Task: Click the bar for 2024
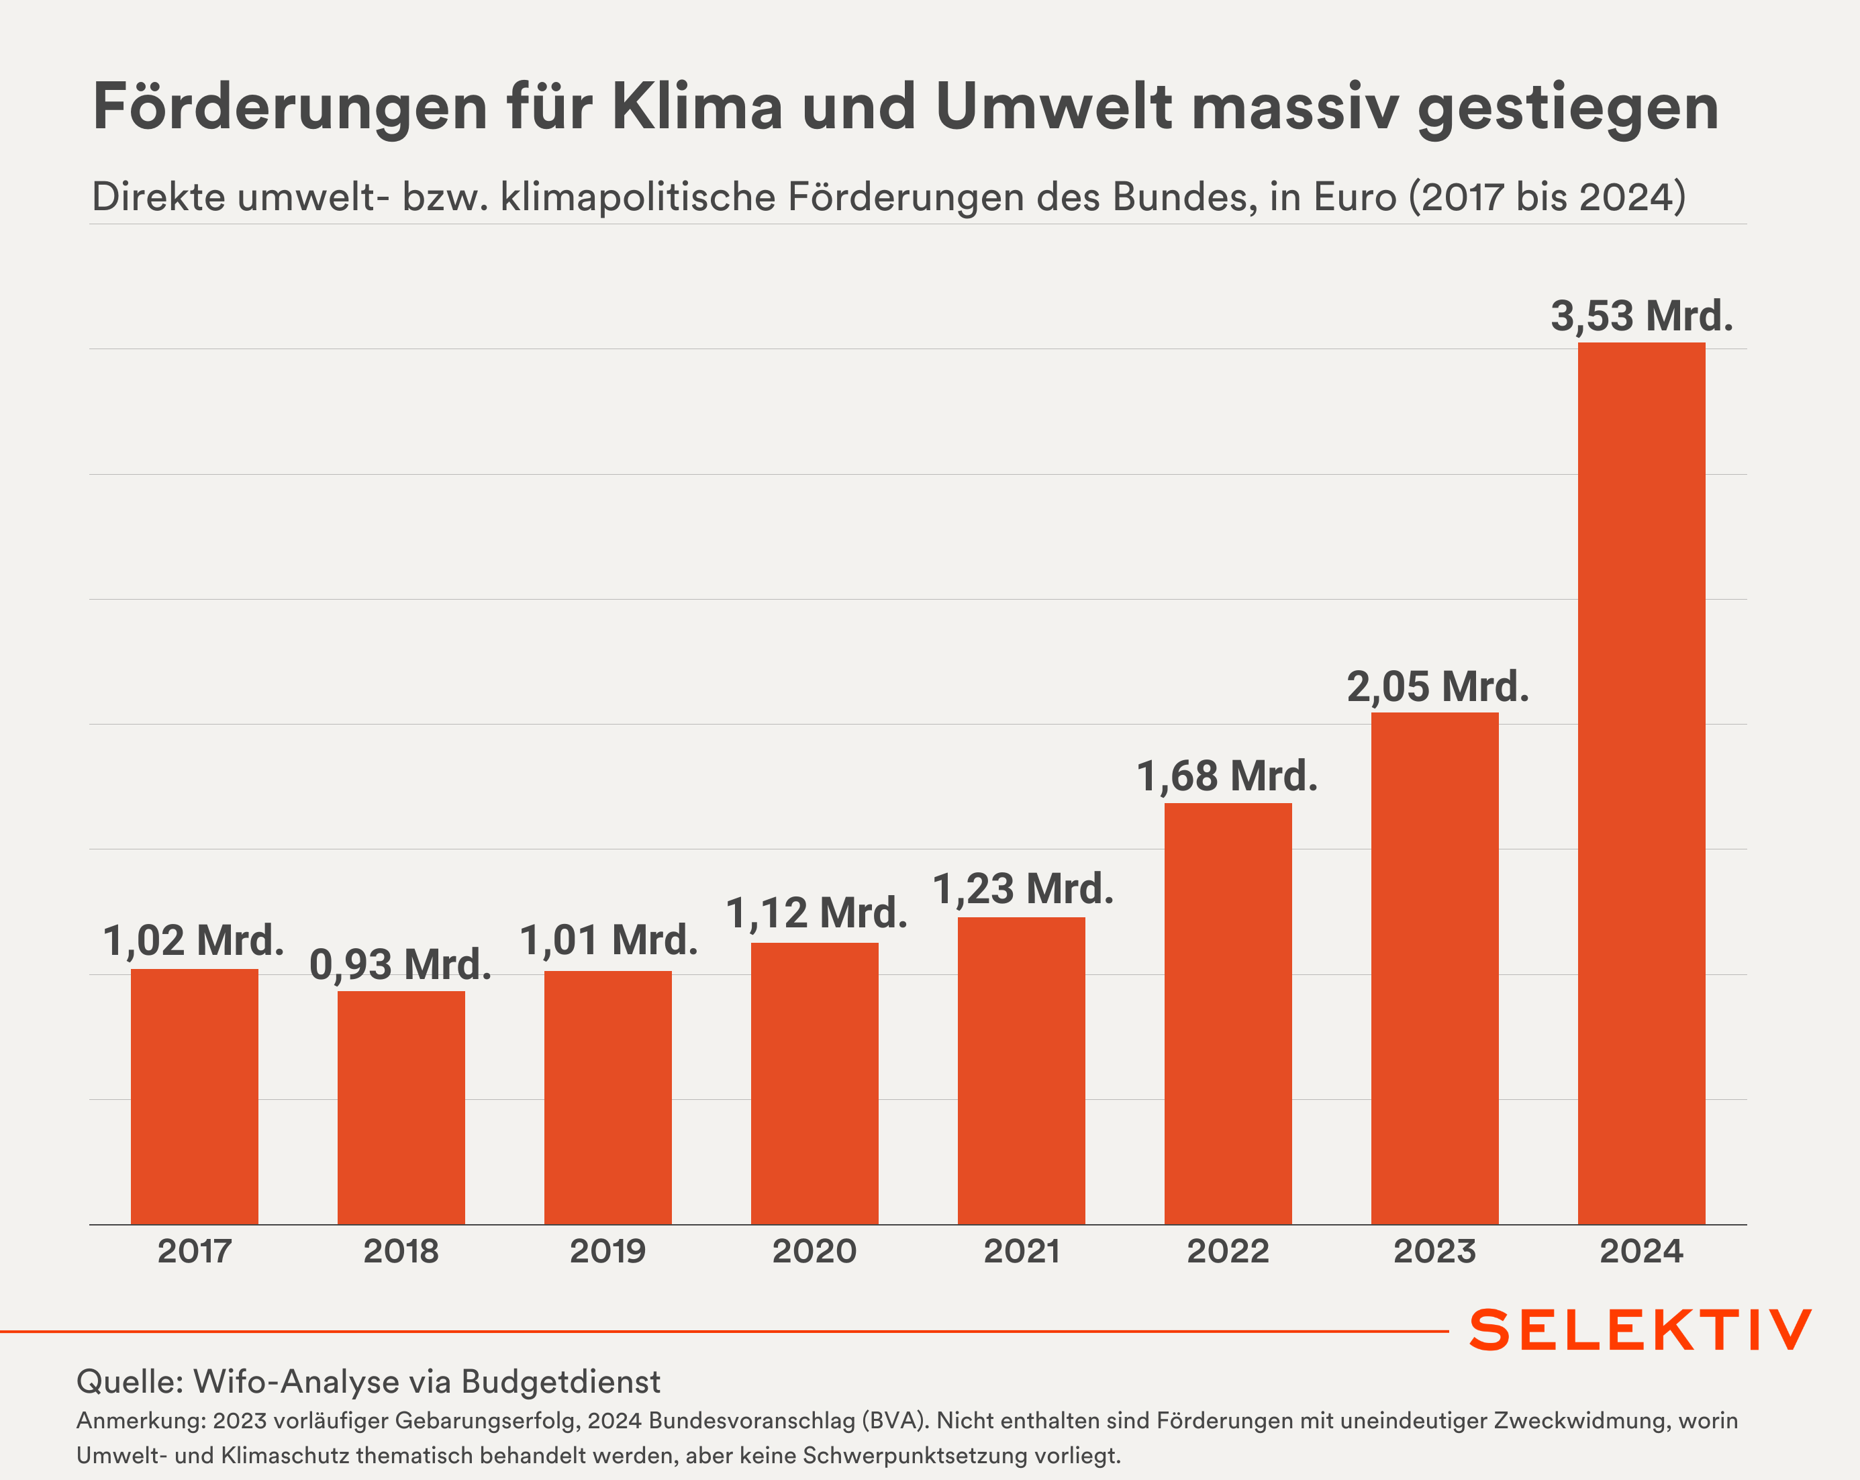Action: coord(1641,783)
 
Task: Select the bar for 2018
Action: coord(401,1107)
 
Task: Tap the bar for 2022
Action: coord(1228,1013)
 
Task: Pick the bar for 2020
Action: coord(814,1083)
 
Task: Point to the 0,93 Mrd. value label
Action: coord(400,965)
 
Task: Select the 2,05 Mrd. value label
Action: coord(1437,687)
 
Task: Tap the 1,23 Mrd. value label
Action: coord(1023,889)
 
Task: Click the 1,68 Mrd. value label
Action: coord(1227,776)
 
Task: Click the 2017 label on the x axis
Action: coord(194,1251)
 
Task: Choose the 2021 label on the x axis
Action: coord(1022,1251)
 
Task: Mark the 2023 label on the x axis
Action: coord(1434,1251)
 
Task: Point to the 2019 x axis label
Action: coord(607,1251)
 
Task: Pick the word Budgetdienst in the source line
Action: coord(560,1381)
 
